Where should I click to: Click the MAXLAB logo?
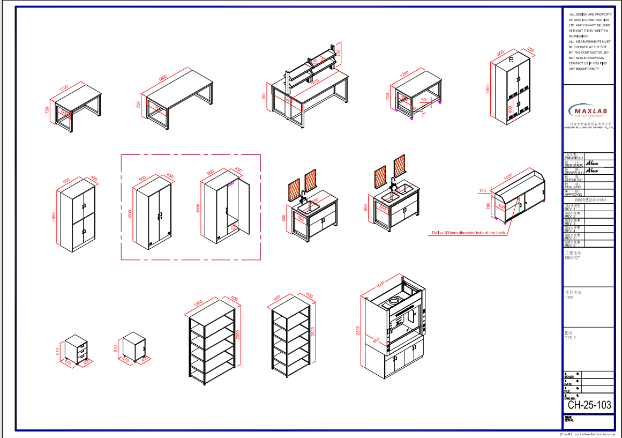(x=588, y=111)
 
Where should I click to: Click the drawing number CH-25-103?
(x=589, y=405)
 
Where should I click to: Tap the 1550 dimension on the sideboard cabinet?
(x=508, y=175)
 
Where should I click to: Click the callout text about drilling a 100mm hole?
(x=469, y=233)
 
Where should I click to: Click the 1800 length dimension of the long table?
(x=163, y=77)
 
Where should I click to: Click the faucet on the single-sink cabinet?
(x=303, y=195)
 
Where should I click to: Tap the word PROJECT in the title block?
(x=572, y=258)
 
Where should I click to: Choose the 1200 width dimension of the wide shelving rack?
(x=198, y=303)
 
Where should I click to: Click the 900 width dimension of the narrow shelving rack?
(x=277, y=298)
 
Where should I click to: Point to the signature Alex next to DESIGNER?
(x=591, y=163)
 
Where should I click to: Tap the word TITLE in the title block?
(x=570, y=338)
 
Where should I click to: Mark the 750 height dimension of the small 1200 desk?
(x=47, y=111)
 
